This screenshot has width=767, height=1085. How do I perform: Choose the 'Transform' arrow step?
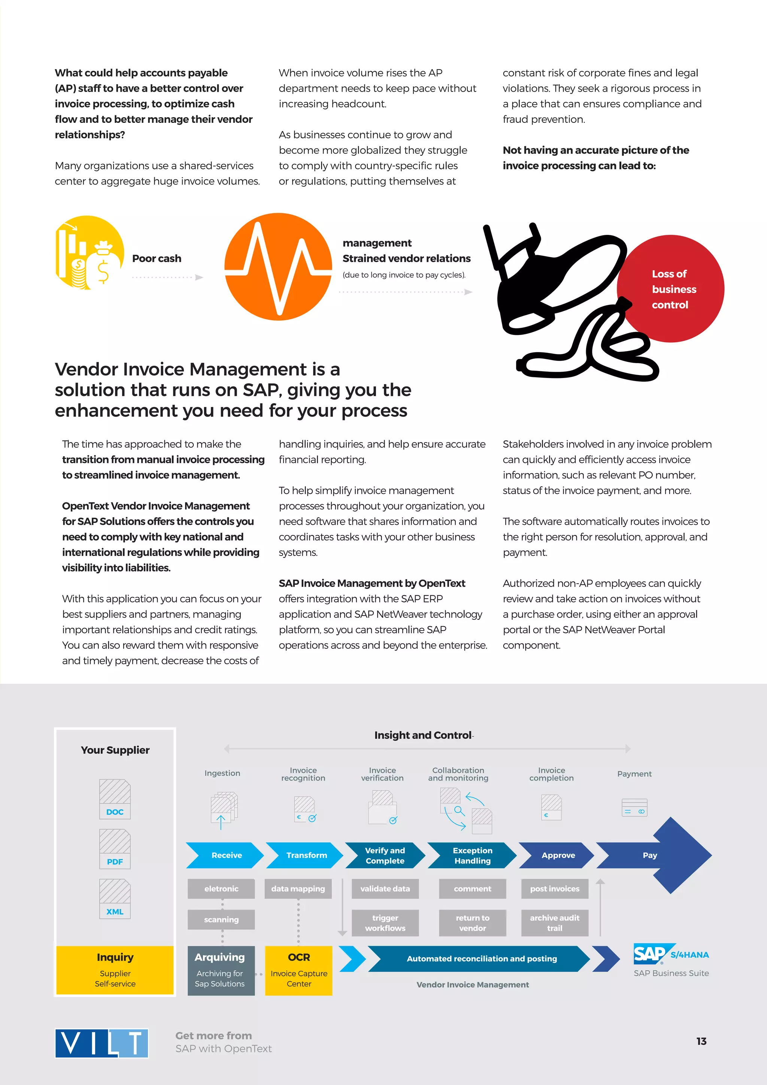coord(305,855)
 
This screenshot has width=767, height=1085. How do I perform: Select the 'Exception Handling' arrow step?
coord(472,855)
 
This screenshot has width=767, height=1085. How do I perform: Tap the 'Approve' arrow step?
coord(557,855)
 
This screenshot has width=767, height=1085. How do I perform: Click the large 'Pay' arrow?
coord(661,855)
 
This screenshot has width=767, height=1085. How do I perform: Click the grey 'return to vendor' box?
coord(472,922)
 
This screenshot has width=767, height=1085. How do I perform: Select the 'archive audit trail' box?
coord(555,922)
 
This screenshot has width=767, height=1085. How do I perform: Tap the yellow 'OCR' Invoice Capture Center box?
coord(298,970)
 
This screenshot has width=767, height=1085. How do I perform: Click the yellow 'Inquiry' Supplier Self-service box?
coord(115,970)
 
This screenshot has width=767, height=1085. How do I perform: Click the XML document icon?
coord(115,898)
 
